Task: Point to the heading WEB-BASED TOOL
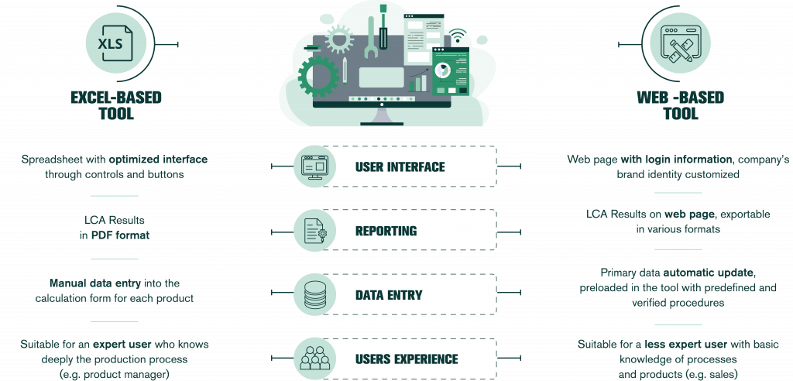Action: (x=680, y=105)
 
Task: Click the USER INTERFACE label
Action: (x=400, y=166)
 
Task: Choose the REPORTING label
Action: (x=386, y=231)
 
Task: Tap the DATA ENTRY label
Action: (x=389, y=295)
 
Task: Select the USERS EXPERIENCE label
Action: (x=407, y=359)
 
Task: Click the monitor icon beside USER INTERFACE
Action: (x=314, y=166)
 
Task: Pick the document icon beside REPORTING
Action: (x=314, y=231)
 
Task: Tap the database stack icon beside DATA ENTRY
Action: (x=314, y=295)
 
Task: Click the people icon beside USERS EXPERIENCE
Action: (x=314, y=359)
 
